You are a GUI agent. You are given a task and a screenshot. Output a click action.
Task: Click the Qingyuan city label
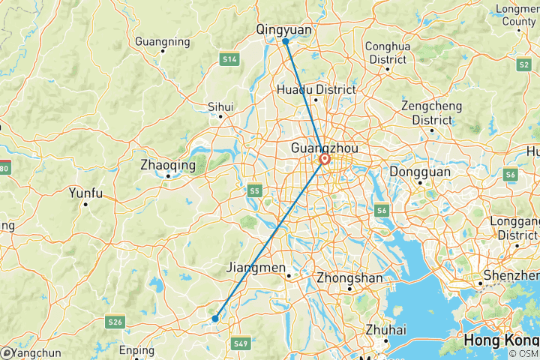coord(283,29)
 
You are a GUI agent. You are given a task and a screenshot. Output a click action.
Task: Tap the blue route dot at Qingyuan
coord(286,42)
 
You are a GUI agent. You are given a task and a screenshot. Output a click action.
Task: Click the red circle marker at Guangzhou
coord(325,160)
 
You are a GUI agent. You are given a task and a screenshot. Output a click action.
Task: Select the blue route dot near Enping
coord(215,319)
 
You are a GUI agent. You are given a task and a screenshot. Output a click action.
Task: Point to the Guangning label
coord(161,41)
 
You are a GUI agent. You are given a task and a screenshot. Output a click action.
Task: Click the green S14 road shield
coord(229,58)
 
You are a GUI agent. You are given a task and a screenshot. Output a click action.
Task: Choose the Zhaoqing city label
coord(168,165)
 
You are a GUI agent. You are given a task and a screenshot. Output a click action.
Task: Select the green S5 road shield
coord(255,191)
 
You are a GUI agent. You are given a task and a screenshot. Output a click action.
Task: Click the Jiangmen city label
coord(256,268)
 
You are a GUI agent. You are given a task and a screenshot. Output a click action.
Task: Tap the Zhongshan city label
coord(350,277)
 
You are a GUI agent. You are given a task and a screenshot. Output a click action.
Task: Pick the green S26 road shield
coord(115,322)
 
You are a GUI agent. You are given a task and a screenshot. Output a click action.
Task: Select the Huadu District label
coord(316,89)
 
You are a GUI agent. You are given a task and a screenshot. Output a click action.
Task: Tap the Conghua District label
coord(388,52)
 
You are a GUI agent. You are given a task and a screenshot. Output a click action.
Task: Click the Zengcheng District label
coord(432,112)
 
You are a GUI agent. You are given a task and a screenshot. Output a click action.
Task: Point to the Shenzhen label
coord(509,276)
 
